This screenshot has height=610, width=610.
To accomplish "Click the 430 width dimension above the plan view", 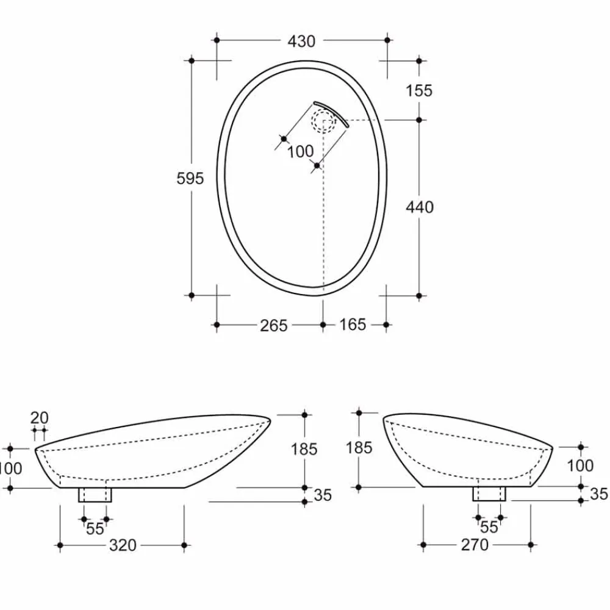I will pyautogui.click(x=301, y=41).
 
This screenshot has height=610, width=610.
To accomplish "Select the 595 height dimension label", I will pyautogui.click(x=190, y=179).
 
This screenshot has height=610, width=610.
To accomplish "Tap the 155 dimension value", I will pyautogui.click(x=418, y=91).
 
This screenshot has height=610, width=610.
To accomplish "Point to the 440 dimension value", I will pyautogui.click(x=420, y=207).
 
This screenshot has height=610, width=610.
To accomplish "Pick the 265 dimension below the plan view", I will pyautogui.click(x=273, y=326).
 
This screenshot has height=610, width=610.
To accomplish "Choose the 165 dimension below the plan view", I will pyautogui.click(x=352, y=325).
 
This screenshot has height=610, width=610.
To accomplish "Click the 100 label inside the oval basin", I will pyautogui.click(x=300, y=151).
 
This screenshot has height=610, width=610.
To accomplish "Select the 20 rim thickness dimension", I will pyautogui.click(x=39, y=418).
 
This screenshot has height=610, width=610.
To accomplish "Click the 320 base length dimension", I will pyautogui.click(x=123, y=545).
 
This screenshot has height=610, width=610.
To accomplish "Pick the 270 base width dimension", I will pyautogui.click(x=475, y=545).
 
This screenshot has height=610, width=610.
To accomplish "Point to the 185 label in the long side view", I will pyautogui.click(x=304, y=450).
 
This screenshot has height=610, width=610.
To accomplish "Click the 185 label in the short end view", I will pyautogui.click(x=359, y=448).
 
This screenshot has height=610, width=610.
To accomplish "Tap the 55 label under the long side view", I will pyautogui.click(x=95, y=529).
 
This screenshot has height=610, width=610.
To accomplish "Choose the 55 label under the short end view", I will pyautogui.click(x=489, y=527).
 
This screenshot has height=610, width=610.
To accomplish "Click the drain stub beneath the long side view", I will pyautogui.click(x=95, y=495).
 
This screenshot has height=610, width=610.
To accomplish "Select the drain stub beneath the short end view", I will pyautogui.click(x=490, y=493).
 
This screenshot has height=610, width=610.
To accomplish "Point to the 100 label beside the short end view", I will pyautogui.click(x=580, y=466).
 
